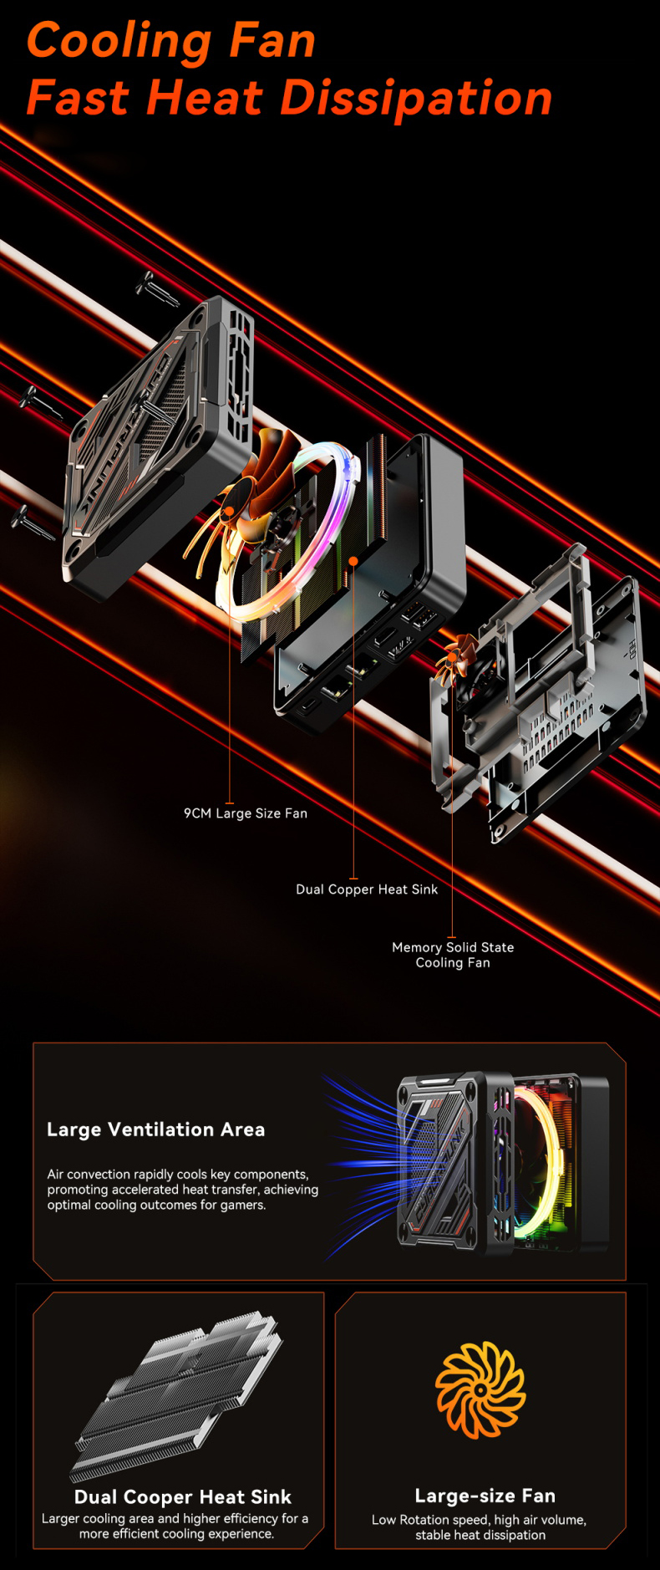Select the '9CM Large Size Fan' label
246,813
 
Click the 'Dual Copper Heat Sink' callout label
367,889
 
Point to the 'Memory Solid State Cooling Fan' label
453,955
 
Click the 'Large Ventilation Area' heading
156,1129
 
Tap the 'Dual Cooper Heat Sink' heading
183,1496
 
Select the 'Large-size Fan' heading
485,1496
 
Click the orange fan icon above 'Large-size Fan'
480,1389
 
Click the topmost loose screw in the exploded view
155,288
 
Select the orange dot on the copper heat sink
353,560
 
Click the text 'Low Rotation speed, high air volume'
479,1520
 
